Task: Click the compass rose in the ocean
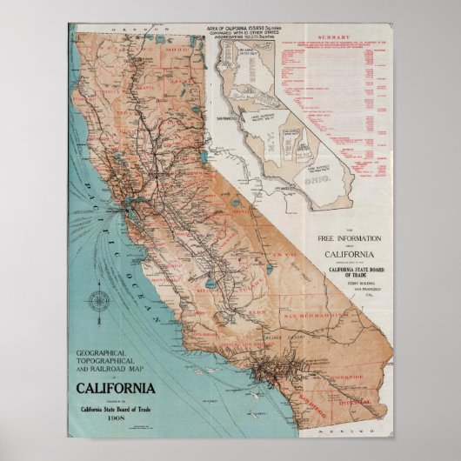click(x=98, y=302)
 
